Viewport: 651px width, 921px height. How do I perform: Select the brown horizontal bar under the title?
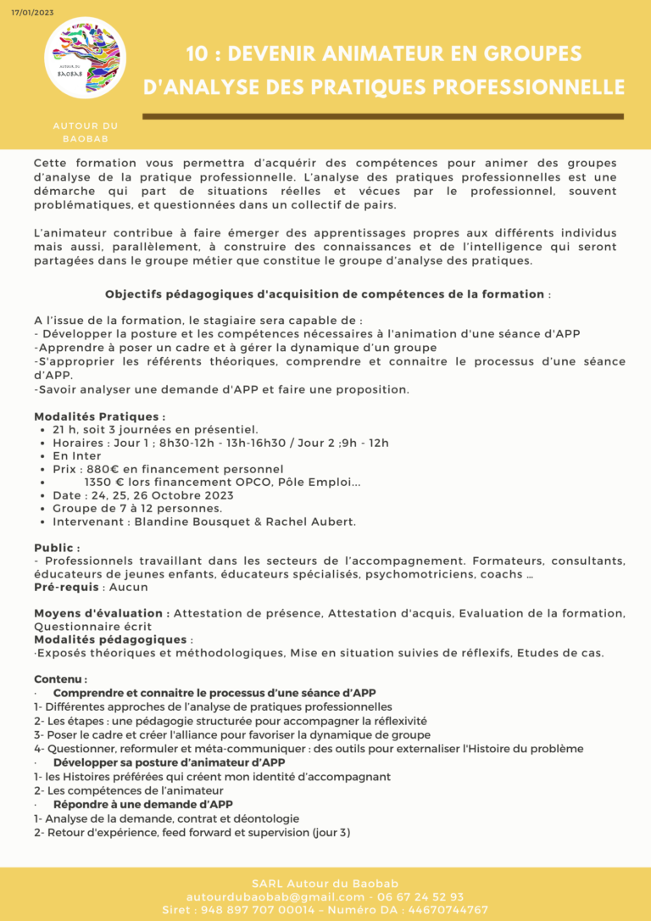384,116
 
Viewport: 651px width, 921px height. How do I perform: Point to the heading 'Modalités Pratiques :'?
99,416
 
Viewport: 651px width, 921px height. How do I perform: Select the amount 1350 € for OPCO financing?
106,482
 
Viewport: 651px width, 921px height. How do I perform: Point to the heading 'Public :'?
57,548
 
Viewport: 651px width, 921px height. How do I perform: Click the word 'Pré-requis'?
66,587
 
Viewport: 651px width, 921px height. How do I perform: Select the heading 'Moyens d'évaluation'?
98,613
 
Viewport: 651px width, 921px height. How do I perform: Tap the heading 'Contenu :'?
60,679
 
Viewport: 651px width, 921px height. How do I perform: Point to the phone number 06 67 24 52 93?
422,896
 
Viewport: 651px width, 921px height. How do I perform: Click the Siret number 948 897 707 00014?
260,909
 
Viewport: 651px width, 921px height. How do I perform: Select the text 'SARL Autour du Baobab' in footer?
325,884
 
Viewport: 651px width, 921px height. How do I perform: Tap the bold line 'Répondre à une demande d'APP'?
142,804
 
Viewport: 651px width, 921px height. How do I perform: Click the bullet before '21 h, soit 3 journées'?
43,430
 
